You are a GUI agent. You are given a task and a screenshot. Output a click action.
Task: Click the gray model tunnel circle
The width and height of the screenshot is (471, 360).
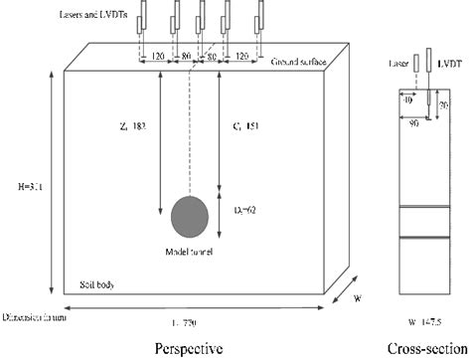coord(190,217)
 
